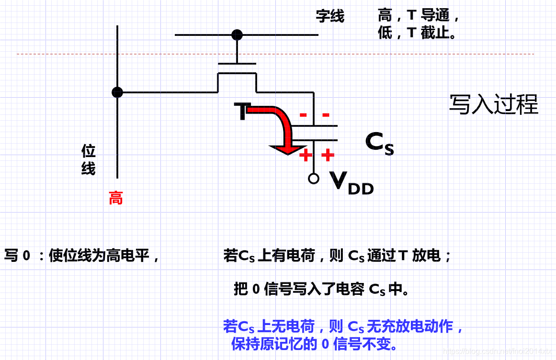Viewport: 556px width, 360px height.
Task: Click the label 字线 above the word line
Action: [x=330, y=16]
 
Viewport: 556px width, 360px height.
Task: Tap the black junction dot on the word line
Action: [x=237, y=35]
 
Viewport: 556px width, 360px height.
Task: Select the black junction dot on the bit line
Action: [x=117, y=92]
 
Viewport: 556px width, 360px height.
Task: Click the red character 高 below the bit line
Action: [x=115, y=198]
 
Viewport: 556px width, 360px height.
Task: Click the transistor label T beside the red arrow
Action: [x=242, y=111]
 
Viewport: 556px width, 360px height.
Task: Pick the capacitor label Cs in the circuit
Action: [x=379, y=142]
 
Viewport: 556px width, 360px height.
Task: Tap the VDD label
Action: [x=352, y=183]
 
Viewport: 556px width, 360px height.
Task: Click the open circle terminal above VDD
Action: [x=314, y=179]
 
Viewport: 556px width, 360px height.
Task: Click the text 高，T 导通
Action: [x=419, y=16]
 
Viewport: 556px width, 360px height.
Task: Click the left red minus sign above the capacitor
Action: [x=303, y=115]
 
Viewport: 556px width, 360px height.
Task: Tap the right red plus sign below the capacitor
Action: [x=327, y=155]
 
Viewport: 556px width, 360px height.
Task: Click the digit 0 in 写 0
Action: [x=26, y=256]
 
